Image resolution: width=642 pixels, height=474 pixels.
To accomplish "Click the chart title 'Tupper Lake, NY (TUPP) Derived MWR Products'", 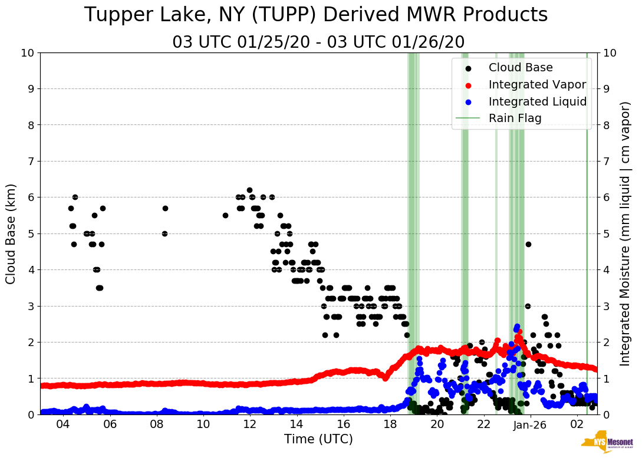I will click(x=316, y=15).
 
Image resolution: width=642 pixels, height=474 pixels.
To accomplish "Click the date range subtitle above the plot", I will click(x=318, y=42).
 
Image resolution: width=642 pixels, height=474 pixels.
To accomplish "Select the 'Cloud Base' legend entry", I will click(x=521, y=68).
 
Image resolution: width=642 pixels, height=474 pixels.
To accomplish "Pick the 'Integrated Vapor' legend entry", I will click(x=537, y=84).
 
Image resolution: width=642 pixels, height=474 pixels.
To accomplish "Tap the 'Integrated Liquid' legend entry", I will click(x=537, y=101).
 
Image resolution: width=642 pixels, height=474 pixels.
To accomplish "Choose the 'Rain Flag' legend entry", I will click(x=515, y=118).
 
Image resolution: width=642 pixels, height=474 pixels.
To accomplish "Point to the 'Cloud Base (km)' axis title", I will click(x=11, y=233).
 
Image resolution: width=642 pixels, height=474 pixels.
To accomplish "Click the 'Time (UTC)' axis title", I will click(x=318, y=439).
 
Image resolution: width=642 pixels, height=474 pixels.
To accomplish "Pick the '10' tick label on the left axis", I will click(x=27, y=53).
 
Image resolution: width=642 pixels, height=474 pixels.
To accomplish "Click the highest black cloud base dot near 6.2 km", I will click(x=249, y=190).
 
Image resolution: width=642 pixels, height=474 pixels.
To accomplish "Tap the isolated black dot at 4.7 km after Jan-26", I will click(x=528, y=244).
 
